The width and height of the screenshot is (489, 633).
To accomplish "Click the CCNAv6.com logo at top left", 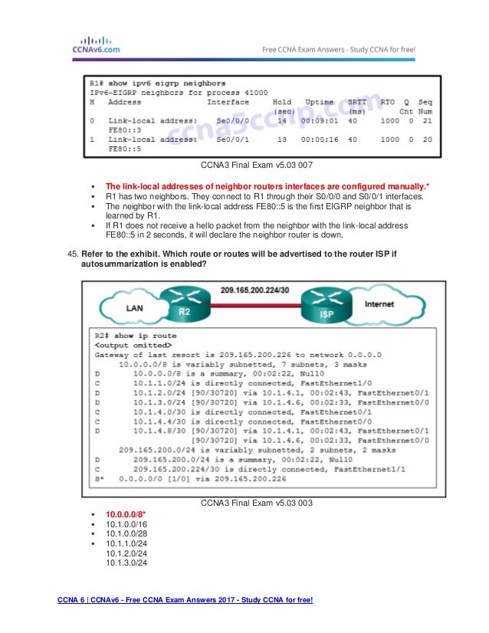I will [89, 45].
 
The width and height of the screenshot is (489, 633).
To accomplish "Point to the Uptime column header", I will [319, 102].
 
